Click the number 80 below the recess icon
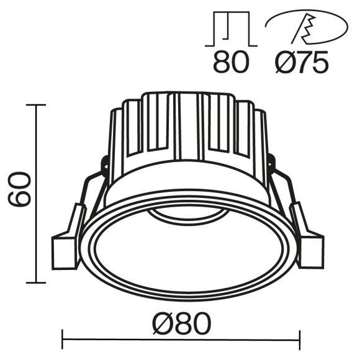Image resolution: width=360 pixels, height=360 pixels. pyautogui.click(x=230, y=63)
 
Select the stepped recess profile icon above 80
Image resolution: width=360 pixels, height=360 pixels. pyautogui.click(x=230, y=30)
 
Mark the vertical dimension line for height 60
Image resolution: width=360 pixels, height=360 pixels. pyautogui.click(x=37, y=192)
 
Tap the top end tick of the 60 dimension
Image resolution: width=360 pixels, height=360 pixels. pyautogui.click(x=37, y=106)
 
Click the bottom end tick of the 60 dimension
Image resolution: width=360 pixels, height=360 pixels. pyautogui.click(x=37, y=281)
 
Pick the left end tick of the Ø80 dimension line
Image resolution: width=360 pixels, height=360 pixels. pyautogui.click(x=63, y=340)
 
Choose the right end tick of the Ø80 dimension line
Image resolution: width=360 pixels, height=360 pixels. pyautogui.click(x=300, y=340)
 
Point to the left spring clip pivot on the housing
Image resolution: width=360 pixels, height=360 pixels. pyautogui.click(x=104, y=164)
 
